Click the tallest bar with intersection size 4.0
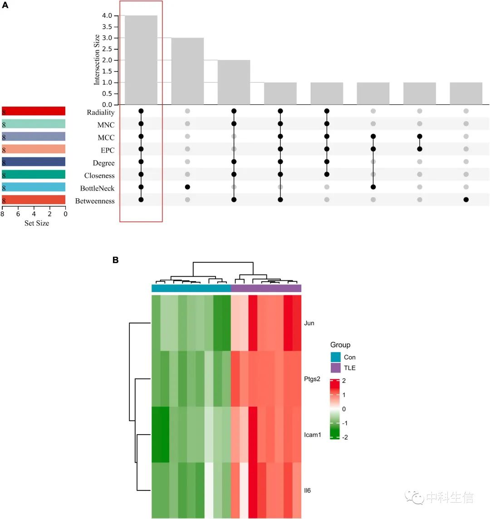click(x=141, y=60)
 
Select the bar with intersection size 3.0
click(x=187, y=71)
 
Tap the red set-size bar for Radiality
click(x=34, y=111)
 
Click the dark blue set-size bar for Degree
click(x=34, y=162)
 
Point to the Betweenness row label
click(x=95, y=201)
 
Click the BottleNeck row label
click(x=97, y=188)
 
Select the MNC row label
click(x=106, y=125)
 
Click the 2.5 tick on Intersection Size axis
click(x=107, y=49)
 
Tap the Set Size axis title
click(x=37, y=223)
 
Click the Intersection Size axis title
click(x=97, y=60)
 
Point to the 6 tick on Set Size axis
click(x=18, y=214)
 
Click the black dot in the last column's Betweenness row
click(x=466, y=200)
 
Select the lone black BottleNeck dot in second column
click(x=187, y=187)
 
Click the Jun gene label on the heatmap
click(x=309, y=323)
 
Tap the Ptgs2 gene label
click(x=312, y=379)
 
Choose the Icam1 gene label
click(x=313, y=435)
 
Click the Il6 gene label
click(x=307, y=490)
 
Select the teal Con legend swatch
click(x=335, y=357)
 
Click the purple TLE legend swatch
click(x=335, y=367)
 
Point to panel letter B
click(x=116, y=260)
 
